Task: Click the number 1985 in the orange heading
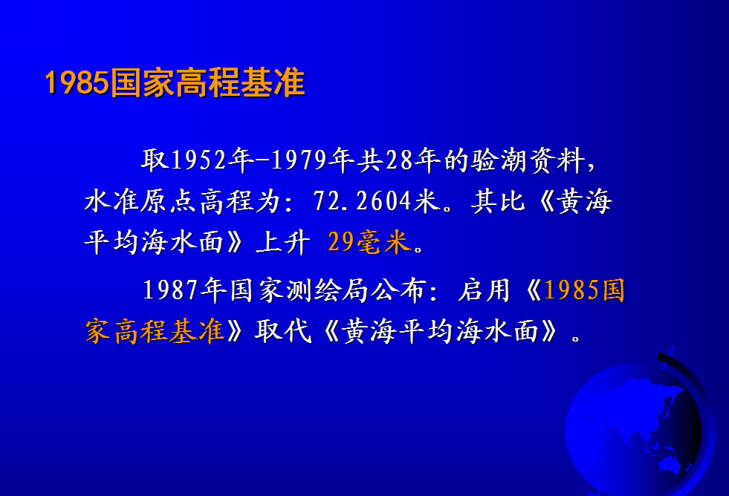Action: (x=77, y=82)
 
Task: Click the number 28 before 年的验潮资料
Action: (x=399, y=160)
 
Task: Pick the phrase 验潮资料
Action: (x=528, y=160)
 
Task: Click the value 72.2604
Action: (x=362, y=201)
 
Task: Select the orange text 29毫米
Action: (x=369, y=242)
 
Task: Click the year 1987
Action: (x=171, y=290)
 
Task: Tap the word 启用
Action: (x=484, y=290)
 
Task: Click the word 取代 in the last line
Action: (x=283, y=331)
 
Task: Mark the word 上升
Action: (x=283, y=242)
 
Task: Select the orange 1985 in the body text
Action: (x=572, y=290)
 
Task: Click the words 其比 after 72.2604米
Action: (x=498, y=201)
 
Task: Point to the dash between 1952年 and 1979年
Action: (x=262, y=160)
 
